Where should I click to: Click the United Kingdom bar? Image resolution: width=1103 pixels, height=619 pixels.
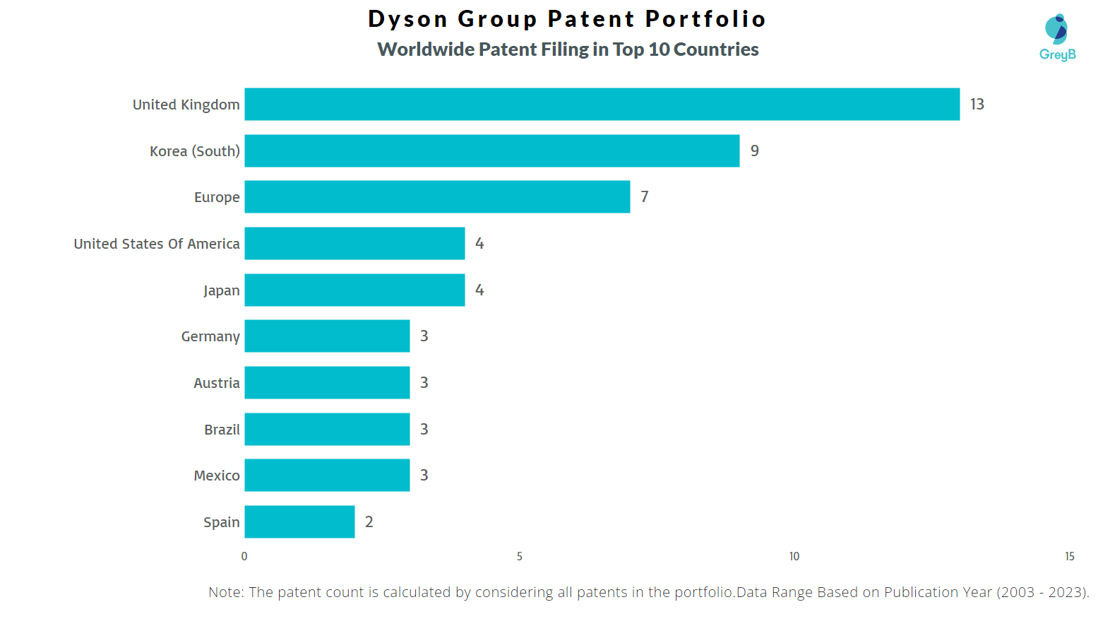pos(602,105)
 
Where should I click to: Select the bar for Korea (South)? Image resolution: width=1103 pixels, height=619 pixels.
pos(491,151)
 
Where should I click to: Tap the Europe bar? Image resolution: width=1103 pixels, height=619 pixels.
pos(437,197)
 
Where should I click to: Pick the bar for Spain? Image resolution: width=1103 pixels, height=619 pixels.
pos(299,522)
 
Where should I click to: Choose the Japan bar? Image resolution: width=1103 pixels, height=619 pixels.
pos(354,290)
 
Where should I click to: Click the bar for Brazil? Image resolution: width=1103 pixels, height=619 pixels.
pos(327,430)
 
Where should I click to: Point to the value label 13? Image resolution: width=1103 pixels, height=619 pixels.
pos(977,105)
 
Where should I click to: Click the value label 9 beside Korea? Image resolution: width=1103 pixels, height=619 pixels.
pos(754,151)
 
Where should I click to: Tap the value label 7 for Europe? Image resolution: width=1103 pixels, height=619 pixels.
pos(644,197)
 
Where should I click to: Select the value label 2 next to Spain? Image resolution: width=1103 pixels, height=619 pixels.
pos(369,522)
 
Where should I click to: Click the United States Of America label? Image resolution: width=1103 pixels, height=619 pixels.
pos(157,244)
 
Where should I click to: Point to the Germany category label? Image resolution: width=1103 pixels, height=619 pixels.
pos(210,336)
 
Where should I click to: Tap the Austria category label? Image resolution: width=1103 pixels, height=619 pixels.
pos(217,383)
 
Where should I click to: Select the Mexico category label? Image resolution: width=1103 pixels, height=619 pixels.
pos(217,476)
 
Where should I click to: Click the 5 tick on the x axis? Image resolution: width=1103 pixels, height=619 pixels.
pos(520,557)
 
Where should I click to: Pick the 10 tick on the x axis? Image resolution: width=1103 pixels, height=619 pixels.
pos(794,557)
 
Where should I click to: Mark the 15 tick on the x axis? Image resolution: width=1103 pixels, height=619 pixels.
pos(1069,557)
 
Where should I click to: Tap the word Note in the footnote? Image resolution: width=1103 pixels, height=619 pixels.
pos(225,592)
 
